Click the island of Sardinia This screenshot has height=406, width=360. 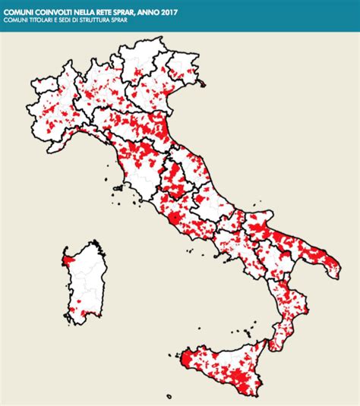point(83,285)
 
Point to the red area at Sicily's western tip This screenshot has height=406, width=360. point(185,357)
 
